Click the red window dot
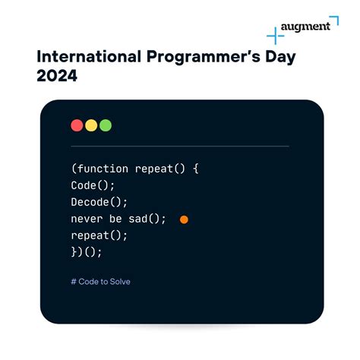pyautogui.click(x=77, y=125)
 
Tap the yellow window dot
pyautogui.click(x=91, y=125)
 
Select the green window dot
pyautogui.click(x=106, y=125)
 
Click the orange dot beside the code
pyautogui.click(x=184, y=219)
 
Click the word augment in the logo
pyautogui.click(x=305, y=27)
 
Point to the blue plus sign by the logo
pyautogui.click(x=275, y=35)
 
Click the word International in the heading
pyautogui.click(x=85, y=56)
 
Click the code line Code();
pyautogui.click(x=94, y=185)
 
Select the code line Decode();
pyautogui.click(x=100, y=202)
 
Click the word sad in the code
pyautogui.click(x=145, y=219)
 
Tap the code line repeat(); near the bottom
pyautogui.click(x=100, y=235)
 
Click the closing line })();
pyautogui.click(x=87, y=252)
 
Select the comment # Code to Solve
pyautogui.click(x=100, y=282)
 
